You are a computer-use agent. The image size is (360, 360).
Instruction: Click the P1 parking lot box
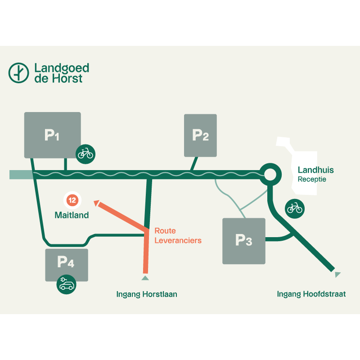52,135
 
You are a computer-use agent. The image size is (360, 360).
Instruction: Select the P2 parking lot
200,135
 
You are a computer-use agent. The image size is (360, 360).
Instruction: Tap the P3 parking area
244,241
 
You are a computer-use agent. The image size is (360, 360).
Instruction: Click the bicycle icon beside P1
85,154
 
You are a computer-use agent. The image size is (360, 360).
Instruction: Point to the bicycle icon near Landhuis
295,208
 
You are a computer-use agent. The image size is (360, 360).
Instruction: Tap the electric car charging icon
67,284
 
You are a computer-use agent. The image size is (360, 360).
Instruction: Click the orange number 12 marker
72,200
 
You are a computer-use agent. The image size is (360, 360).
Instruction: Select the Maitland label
72,215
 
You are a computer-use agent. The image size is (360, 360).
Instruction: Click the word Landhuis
316,170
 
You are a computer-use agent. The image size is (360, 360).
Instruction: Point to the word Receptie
312,179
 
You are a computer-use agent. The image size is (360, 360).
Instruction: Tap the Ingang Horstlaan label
147,294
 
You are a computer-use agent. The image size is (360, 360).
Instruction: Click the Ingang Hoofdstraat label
311,294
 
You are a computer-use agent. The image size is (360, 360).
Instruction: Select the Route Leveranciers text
178,235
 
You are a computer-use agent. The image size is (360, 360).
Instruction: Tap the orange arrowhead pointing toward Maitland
97,203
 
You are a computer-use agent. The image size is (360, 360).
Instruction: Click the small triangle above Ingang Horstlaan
145,278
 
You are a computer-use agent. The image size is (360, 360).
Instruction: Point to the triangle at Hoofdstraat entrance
337,274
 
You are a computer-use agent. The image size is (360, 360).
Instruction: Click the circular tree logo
18,73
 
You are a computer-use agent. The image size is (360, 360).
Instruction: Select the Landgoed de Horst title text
62,73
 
